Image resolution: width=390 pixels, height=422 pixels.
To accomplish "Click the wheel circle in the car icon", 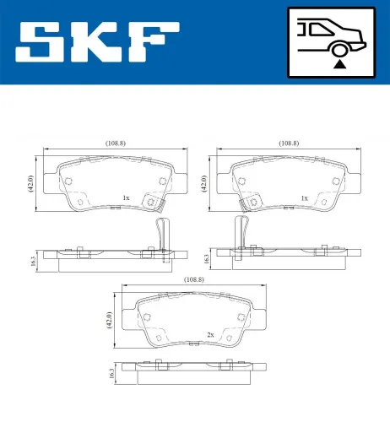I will (339, 48).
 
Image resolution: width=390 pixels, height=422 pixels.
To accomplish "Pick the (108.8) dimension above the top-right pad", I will (288, 143).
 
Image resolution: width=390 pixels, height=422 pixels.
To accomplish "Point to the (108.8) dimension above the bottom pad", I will (193, 279).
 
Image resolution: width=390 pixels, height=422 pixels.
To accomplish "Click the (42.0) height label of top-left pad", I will (30, 181).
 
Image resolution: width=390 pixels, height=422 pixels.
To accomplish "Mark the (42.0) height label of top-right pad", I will (204, 181).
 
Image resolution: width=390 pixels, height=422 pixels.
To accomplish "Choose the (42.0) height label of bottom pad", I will (108, 318).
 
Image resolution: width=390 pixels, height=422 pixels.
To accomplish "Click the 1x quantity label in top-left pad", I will (126, 198).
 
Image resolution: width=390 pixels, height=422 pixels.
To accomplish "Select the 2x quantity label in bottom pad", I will (208, 335).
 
